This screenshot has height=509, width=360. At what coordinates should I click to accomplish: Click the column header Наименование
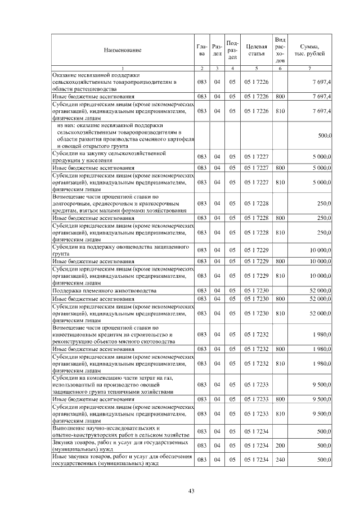tap(122, 51)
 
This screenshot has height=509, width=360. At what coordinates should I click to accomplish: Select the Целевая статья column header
tap(256, 51)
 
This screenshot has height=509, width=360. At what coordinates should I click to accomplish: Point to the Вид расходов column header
tap(280, 49)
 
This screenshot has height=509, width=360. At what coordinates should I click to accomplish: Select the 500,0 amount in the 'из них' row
tap(325, 136)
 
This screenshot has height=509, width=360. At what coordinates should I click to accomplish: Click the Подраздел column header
tap(232, 49)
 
